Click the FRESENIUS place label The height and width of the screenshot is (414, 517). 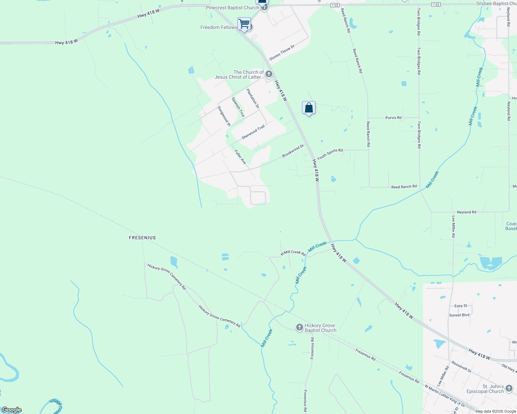coord(142,238)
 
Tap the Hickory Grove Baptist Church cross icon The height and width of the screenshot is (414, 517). coord(300,327)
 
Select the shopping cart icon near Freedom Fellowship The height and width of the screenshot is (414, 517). coord(244,24)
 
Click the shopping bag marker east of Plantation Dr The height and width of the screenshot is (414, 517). coord(309,108)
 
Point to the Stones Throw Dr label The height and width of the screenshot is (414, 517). coord(282,53)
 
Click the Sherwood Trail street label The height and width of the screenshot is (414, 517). coord(253,132)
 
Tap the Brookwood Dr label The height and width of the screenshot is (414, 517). coord(293,151)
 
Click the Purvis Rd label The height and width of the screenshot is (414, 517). coord(393,118)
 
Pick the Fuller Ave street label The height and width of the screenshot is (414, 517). coord(240,157)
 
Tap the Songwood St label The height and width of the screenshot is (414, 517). coord(224,116)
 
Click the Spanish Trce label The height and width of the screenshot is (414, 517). coord(238,107)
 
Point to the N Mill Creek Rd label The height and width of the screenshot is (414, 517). coord(293,253)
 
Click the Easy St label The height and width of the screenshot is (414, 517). coord(461,306)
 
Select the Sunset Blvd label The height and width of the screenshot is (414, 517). coord(459,315)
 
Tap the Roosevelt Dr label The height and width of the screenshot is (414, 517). coord(461,367)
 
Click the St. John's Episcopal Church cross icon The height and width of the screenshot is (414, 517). coord(509,389)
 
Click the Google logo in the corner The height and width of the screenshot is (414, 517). coord(12,410)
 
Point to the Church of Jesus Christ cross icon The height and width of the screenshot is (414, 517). coord(269,74)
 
